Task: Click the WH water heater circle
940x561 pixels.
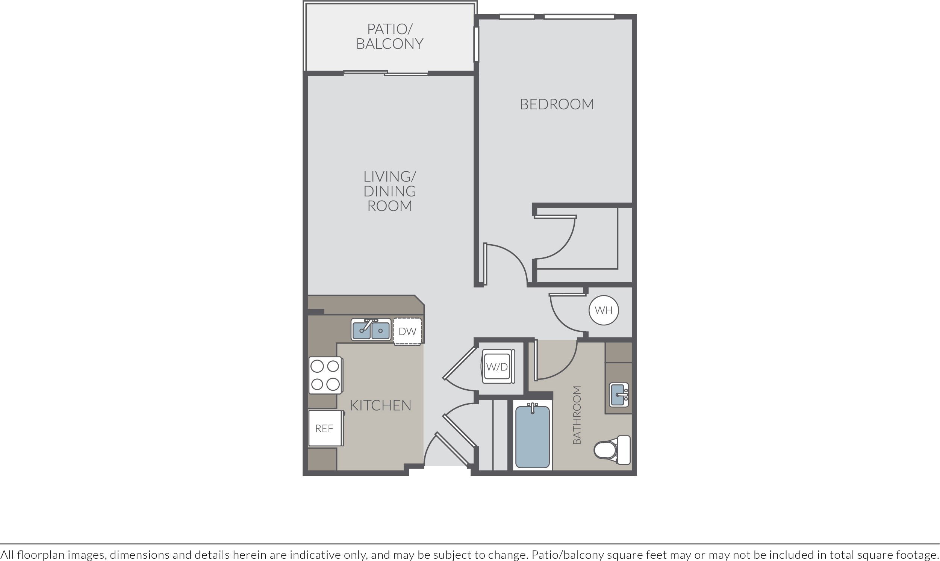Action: coord(604,310)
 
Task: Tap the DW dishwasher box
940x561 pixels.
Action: coord(407,331)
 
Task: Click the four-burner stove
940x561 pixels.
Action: coord(325,375)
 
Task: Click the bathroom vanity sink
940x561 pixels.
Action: coord(619,395)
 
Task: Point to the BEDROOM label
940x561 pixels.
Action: coord(557,104)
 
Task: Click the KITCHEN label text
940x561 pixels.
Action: coord(380,405)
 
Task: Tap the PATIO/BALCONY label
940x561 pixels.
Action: coord(389,36)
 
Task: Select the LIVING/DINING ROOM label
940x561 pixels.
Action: coord(390,191)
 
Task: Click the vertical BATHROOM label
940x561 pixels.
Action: coord(577,415)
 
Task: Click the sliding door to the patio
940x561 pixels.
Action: coord(386,73)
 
